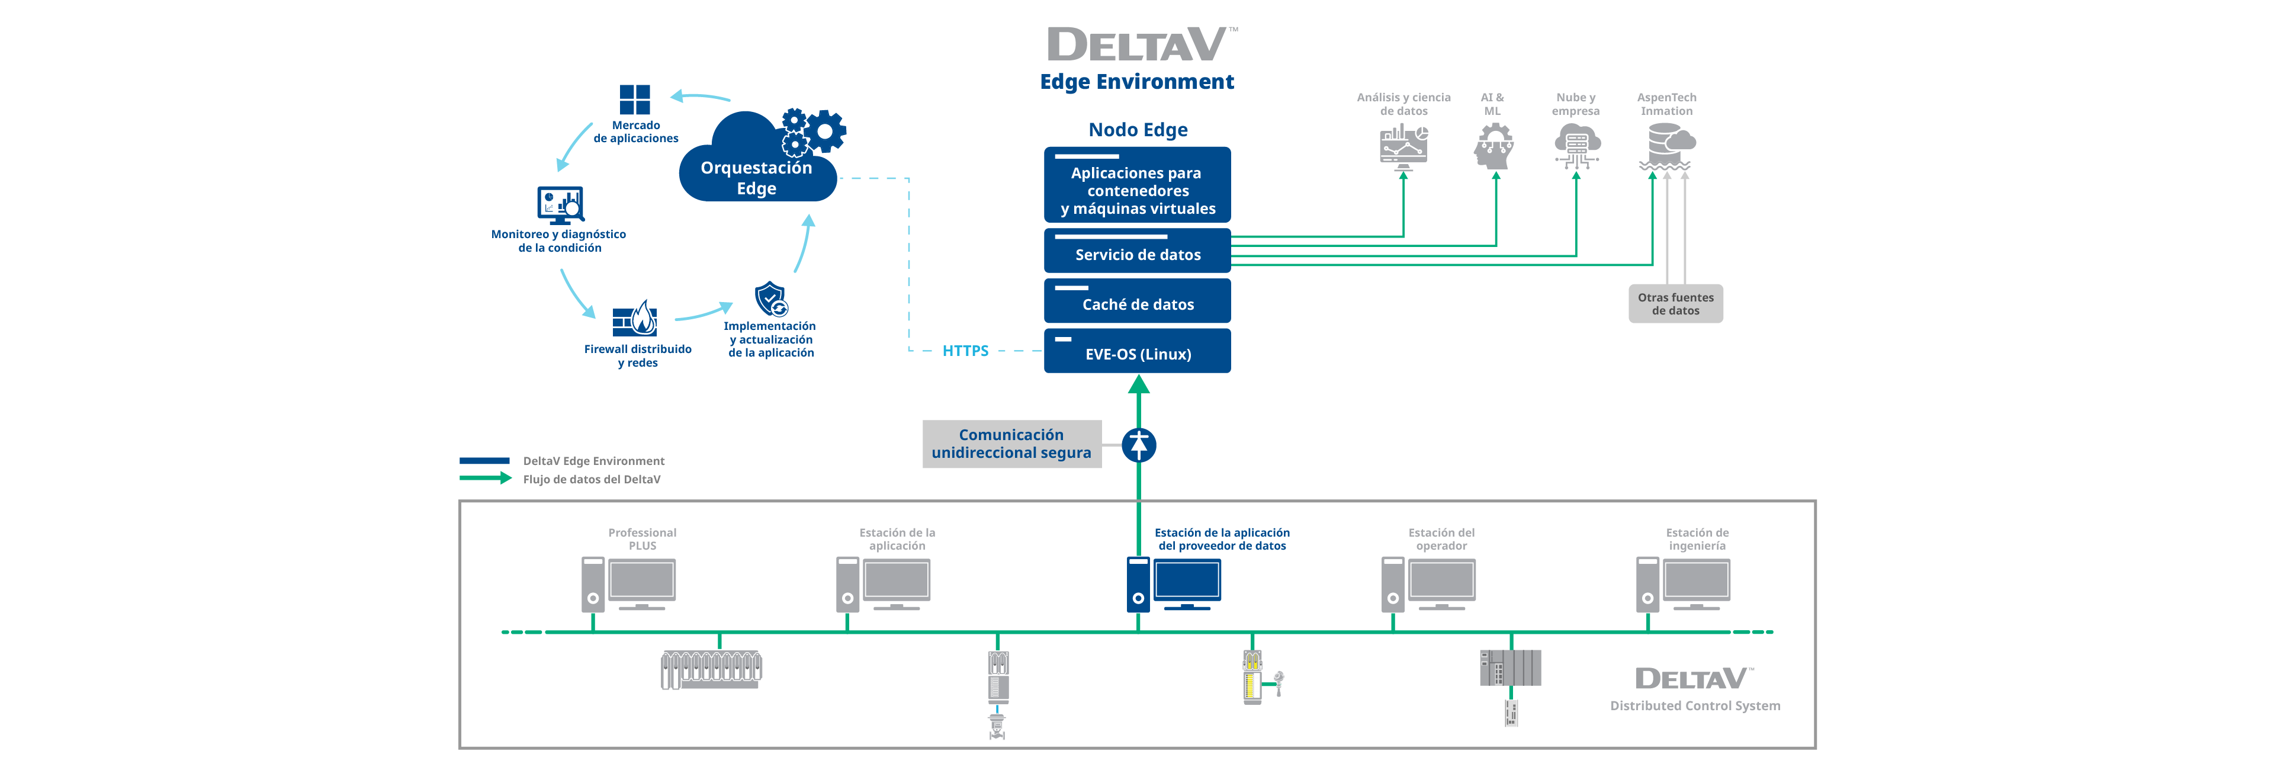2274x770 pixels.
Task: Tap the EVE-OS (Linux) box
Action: (x=1137, y=351)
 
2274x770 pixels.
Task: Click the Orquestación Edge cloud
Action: (x=757, y=168)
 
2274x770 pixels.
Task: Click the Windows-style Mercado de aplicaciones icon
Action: (x=635, y=100)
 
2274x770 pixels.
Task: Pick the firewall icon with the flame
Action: (x=635, y=319)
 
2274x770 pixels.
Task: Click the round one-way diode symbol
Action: (x=1139, y=444)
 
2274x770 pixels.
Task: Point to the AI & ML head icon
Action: (x=1493, y=146)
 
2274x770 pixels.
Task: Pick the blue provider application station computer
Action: (x=1174, y=583)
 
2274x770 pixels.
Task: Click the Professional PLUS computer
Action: (x=628, y=583)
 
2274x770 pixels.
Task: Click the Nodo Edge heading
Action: (x=1138, y=130)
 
